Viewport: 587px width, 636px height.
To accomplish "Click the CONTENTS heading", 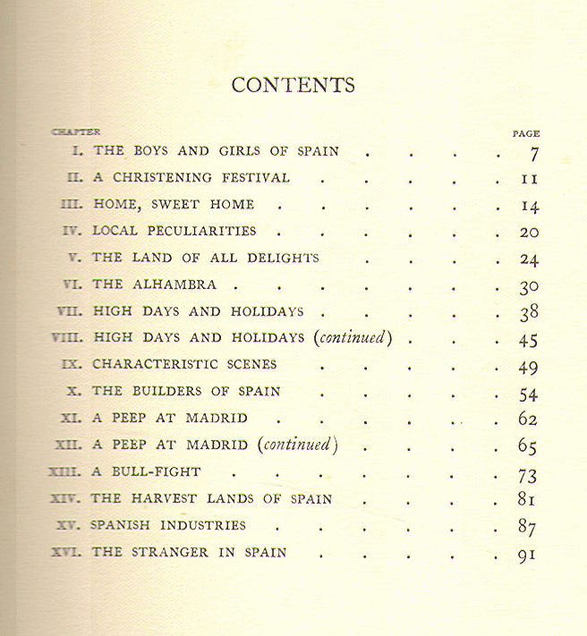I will tap(293, 85).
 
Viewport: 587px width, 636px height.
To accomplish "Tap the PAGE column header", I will tap(525, 133).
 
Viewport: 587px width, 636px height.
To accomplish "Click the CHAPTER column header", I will tap(76, 132).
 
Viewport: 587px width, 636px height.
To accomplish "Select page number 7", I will tap(532, 153).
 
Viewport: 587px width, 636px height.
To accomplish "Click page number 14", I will tap(529, 206).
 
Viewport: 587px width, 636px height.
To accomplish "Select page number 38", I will tap(528, 313).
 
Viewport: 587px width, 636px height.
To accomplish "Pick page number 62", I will tap(528, 419).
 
